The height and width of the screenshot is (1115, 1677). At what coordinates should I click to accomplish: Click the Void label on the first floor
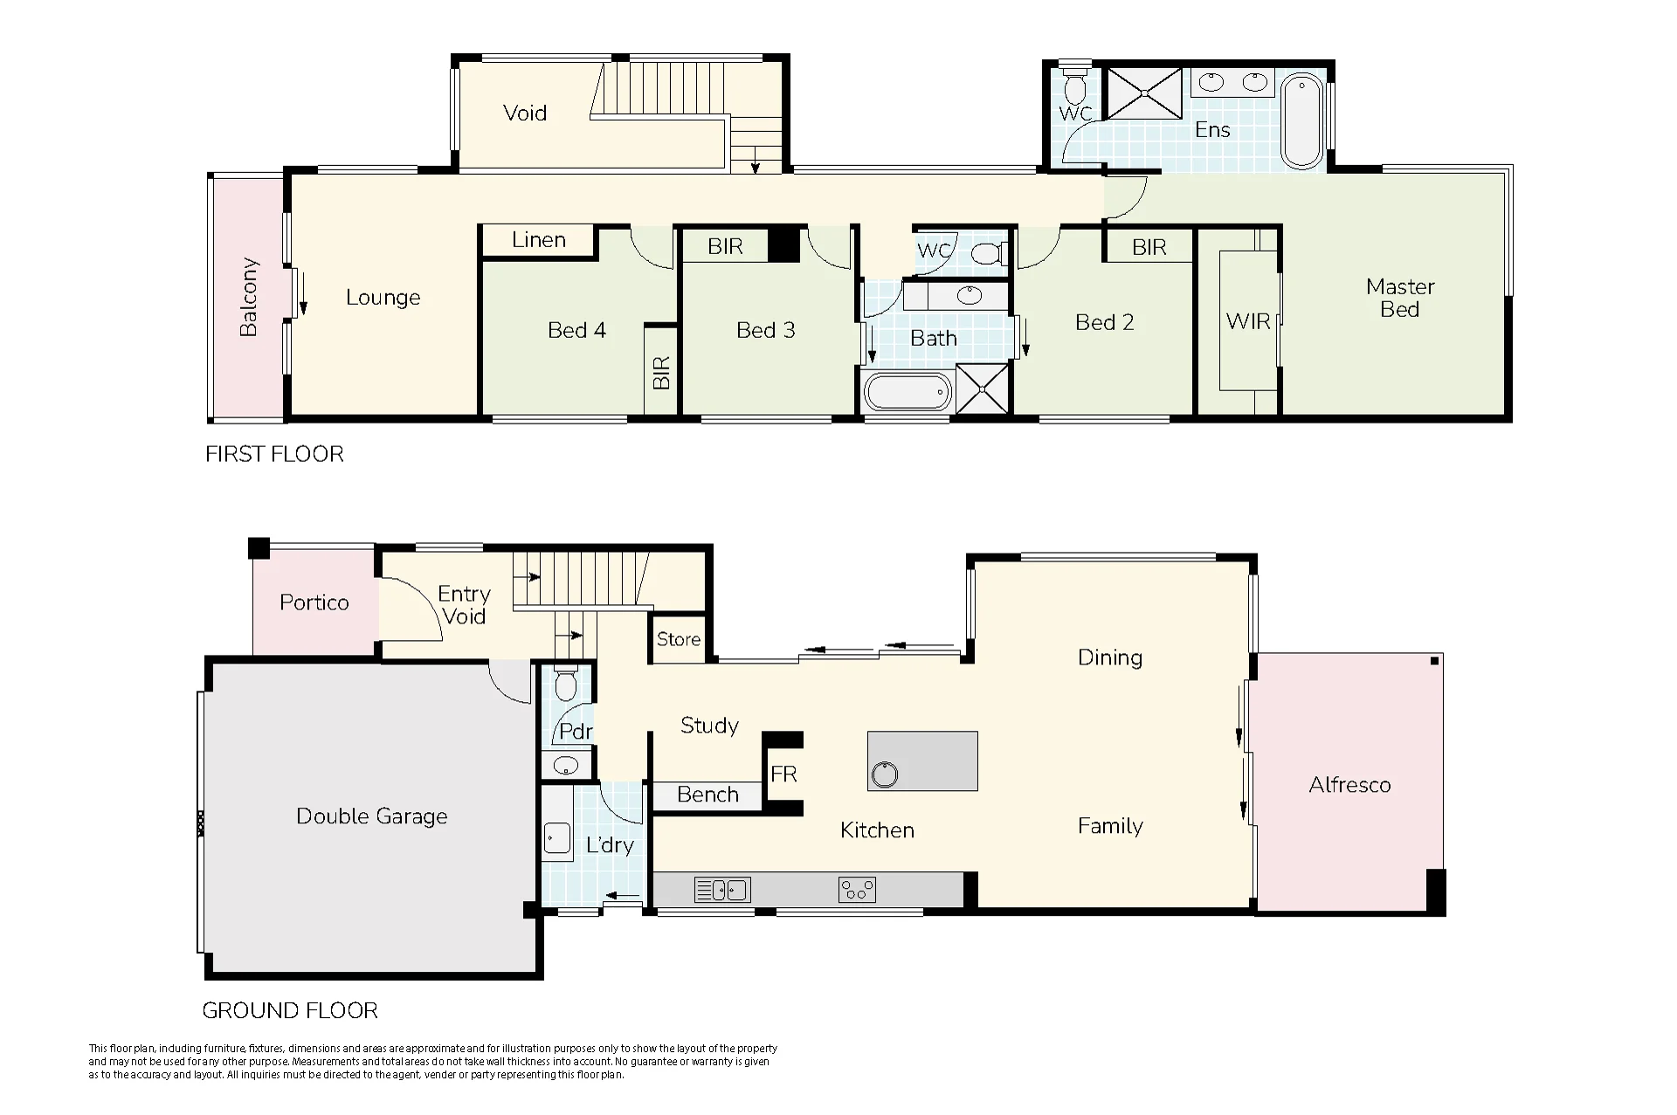tap(525, 113)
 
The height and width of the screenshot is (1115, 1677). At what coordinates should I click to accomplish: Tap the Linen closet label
tap(539, 240)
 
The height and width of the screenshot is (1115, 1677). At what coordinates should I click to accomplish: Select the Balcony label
tap(249, 297)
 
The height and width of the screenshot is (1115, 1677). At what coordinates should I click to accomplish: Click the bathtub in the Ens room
tap(1302, 120)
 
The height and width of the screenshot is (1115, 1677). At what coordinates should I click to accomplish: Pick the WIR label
tap(1248, 321)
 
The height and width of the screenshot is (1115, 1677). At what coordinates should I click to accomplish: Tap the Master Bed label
tap(1400, 298)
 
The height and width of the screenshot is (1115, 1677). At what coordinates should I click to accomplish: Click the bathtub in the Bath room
tap(908, 392)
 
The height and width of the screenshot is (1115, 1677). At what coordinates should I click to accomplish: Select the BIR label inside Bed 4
tap(661, 373)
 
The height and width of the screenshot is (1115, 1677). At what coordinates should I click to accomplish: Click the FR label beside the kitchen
tap(784, 774)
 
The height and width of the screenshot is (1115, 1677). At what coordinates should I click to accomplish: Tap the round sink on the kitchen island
tap(885, 774)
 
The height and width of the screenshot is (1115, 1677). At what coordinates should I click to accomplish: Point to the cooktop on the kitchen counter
tap(857, 890)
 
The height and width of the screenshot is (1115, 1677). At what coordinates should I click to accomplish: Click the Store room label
tap(679, 639)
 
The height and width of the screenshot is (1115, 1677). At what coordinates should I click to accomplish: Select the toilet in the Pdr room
tap(566, 683)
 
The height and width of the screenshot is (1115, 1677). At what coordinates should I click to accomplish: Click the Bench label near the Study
tap(708, 795)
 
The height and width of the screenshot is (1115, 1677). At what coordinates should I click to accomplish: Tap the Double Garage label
tap(372, 816)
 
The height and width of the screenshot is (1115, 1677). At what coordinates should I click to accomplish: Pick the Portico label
tap(314, 602)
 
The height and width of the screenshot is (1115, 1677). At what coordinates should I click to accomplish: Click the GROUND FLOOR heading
tap(290, 1010)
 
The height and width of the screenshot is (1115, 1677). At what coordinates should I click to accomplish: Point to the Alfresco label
tap(1349, 785)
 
